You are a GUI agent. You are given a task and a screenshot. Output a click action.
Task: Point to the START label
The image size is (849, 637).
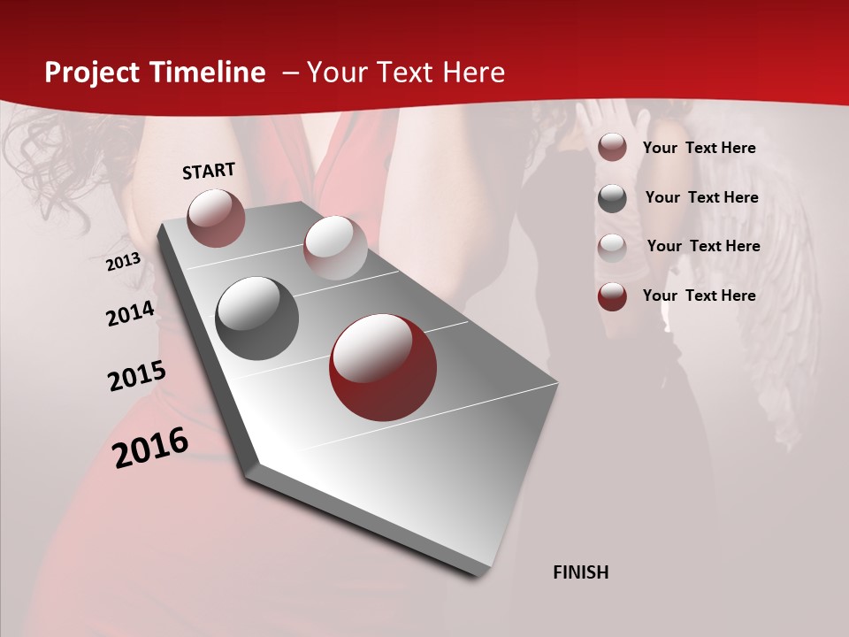209,171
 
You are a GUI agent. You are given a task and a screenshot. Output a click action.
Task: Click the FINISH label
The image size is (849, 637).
581,572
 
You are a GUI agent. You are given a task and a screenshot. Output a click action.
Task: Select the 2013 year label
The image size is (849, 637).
123,262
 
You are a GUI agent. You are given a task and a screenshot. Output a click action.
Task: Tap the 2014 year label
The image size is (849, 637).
130,314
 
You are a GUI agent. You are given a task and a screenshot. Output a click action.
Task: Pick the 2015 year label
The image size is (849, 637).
137,376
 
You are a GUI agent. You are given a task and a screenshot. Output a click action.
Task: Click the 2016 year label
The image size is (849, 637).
150,447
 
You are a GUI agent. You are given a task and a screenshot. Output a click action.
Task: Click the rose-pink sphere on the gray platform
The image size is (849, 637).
216,218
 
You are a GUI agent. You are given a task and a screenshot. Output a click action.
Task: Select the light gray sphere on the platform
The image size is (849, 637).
335,248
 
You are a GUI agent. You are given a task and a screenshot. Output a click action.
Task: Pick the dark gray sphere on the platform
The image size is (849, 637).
257,318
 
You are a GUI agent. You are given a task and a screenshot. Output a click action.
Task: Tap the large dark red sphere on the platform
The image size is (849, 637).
383,367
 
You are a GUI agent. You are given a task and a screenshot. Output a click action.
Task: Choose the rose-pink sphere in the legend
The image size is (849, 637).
612,147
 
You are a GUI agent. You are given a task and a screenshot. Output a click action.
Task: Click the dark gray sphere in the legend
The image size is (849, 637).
612,198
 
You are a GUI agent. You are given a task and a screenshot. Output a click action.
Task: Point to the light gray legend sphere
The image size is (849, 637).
612,248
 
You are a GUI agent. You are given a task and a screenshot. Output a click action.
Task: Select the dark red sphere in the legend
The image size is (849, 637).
612,296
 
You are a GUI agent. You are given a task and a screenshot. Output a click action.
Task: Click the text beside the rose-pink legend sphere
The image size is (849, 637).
699,148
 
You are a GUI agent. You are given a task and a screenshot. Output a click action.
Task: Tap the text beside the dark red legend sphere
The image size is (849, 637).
699,295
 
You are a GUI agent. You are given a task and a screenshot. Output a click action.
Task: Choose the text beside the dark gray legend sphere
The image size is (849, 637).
701,197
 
